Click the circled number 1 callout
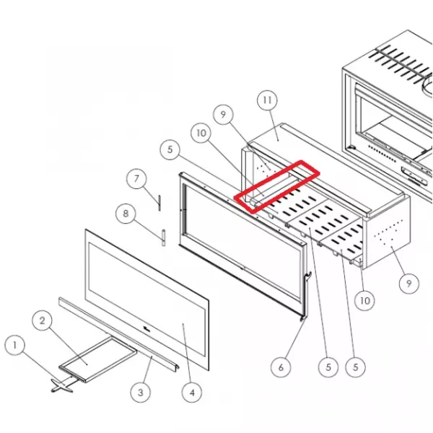point(15,345)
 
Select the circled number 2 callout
point(43,321)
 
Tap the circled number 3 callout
point(141,393)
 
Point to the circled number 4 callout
point(192,393)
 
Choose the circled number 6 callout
point(281,367)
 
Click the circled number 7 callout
point(136,179)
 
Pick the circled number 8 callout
point(126,214)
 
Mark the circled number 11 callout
point(267,100)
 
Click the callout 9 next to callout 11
point(224,114)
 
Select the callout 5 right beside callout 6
point(328,367)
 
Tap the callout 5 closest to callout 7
point(170,149)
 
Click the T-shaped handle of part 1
point(62,385)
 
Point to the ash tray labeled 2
point(98,359)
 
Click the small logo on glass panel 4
point(146,328)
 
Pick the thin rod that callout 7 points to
point(159,203)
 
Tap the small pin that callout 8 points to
point(164,237)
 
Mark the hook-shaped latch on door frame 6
point(307,295)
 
